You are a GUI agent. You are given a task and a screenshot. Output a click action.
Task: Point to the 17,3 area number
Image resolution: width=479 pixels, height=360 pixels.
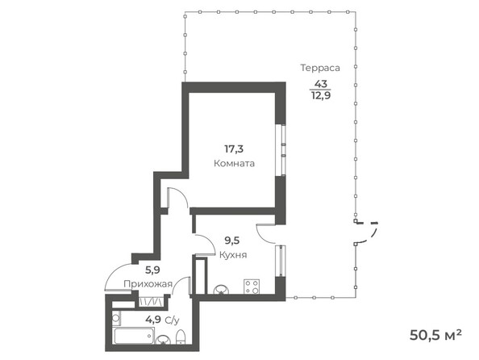click(234, 149)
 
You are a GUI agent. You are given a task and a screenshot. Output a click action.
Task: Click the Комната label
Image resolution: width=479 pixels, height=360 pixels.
click(235, 162)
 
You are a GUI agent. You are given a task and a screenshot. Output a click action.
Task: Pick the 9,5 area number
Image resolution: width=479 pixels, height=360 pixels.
click(233, 241)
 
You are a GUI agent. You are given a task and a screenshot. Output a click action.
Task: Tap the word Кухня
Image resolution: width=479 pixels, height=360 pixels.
click(233, 255)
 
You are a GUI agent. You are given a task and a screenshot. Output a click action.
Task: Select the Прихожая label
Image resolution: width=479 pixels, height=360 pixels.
click(143, 284)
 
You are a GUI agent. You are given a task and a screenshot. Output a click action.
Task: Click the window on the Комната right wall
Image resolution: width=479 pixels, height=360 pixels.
click(281, 149)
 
